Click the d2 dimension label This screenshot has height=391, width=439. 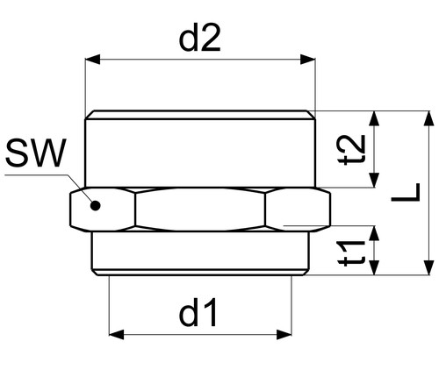pyautogui.click(x=199, y=38)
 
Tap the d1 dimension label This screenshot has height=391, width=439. pyautogui.click(x=198, y=312)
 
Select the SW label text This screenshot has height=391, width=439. pyautogui.click(x=36, y=153)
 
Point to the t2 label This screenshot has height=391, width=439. pyautogui.click(x=351, y=150)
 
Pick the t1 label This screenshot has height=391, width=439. pyautogui.click(x=351, y=253)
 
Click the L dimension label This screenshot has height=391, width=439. pyautogui.click(x=406, y=192)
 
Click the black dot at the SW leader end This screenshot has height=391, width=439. pyautogui.click(x=96, y=205)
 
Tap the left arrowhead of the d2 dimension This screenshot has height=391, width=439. pyautogui.click(x=93, y=60)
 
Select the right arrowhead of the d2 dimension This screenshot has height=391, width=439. pyautogui.click(x=308, y=60)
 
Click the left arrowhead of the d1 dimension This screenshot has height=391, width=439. pyautogui.click(x=117, y=334)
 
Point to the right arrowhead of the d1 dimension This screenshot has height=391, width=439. pyautogui.click(x=284, y=334)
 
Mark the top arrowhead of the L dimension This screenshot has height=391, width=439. pyautogui.click(x=428, y=118)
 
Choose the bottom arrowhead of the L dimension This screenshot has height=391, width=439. pyautogui.click(x=428, y=267)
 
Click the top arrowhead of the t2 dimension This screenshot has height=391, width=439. pyautogui.click(x=374, y=118)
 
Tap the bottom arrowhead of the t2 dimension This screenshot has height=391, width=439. pyautogui.click(x=374, y=180)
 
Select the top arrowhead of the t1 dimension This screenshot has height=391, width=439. pyautogui.click(x=374, y=233)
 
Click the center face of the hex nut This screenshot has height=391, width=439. pyautogui.click(x=200, y=210)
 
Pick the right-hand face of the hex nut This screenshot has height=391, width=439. pyautogui.click(x=298, y=210)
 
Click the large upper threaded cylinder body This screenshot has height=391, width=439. pyautogui.click(x=200, y=149)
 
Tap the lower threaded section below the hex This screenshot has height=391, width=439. pyautogui.click(x=200, y=253)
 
